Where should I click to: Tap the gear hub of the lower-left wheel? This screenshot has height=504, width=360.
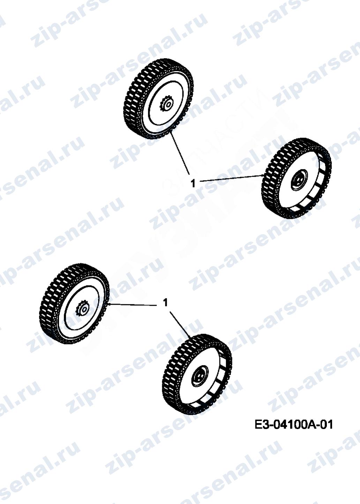click(83, 310)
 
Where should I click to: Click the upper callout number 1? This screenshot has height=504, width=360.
click(193, 184)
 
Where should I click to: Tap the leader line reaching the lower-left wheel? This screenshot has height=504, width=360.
click(132, 304)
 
